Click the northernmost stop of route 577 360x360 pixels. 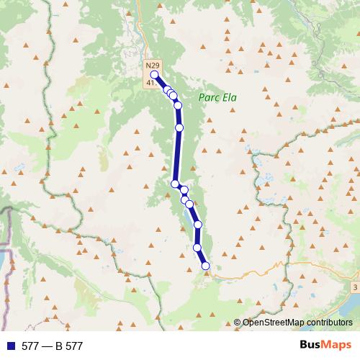(x=154, y=74)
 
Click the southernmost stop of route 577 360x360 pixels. (x=205, y=266)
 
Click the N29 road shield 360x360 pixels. (x=151, y=66)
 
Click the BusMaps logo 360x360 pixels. (x=325, y=346)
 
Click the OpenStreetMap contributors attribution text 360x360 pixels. (x=297, y=322)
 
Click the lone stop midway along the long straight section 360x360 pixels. (x=179, y=127)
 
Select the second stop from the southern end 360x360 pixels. (x=197, y=248)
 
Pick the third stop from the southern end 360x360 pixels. (x=198, y=225)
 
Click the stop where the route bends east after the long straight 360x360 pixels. (x=175, y=184)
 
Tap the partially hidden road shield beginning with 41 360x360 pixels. (x=150, y=83)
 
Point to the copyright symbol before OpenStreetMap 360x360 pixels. (x=238, y=322)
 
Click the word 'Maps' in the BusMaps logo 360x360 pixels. (x=337, y=346)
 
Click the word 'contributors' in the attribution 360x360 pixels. (x=329, y=322)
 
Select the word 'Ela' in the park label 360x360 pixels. (x=229, y=98)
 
